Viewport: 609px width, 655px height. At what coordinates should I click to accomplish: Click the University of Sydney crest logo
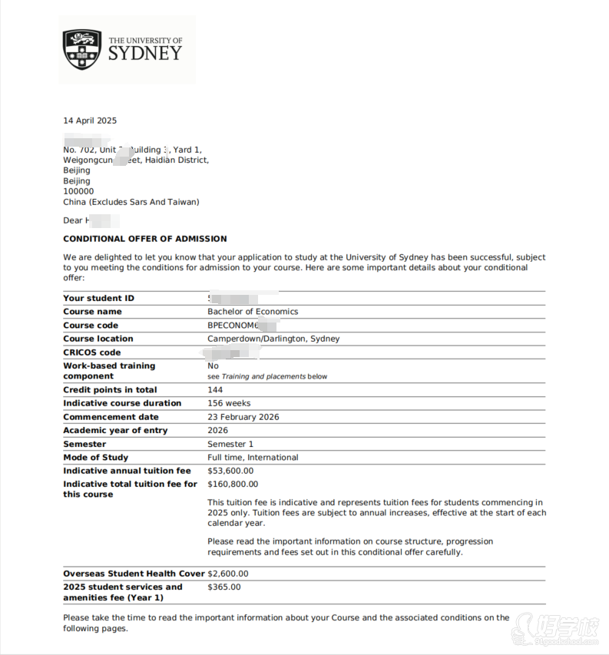[x=82, y=49]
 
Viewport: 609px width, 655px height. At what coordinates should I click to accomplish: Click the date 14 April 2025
[x=90, y=121]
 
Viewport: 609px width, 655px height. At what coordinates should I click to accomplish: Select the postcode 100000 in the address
[x=78, y=192]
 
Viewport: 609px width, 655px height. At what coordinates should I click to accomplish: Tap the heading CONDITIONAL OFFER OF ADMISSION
[x=145, y=239]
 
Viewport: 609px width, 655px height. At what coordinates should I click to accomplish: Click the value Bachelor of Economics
[x=253, y=312]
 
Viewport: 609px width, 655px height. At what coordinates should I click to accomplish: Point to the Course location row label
[x=98, y=339]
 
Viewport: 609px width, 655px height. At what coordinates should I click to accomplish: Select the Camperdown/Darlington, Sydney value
[x=273, y=339]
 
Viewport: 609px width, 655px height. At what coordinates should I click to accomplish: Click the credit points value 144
[x=215, y=390]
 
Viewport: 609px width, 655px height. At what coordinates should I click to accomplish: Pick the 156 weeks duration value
[x=229, y=403]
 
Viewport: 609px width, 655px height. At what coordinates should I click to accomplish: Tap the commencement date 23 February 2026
[x=243, y=417]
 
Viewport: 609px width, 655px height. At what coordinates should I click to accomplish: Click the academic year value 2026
[x=218, y=431]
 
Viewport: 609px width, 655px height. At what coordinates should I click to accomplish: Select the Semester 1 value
[x=230, y=445]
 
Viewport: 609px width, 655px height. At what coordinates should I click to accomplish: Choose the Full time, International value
[x=253, y=458]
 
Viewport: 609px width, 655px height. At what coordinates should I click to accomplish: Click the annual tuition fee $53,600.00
[x=230, y=471]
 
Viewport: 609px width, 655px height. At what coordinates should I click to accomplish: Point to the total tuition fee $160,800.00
[x=233, y=485]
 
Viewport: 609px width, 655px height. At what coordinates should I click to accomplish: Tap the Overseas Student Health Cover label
[x=134, y=574]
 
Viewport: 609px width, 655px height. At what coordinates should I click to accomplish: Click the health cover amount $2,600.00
[x=228, y=574]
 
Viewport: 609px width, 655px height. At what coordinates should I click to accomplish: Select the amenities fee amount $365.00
[x=224, y=587]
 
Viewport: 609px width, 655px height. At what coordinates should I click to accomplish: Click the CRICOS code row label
[x=92, y=352]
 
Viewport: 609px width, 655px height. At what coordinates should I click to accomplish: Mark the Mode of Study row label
[x=96, y=458]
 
